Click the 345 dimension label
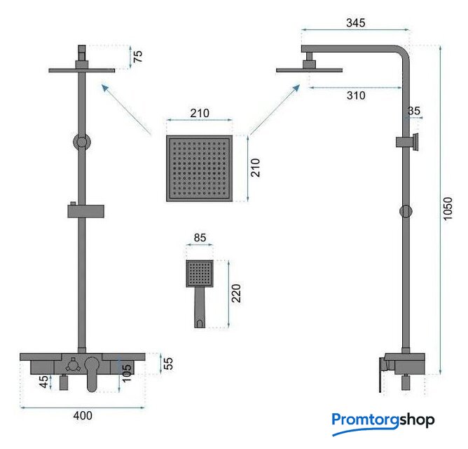pos(355,22)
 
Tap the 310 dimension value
pos(356,95)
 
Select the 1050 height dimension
pos(448,208)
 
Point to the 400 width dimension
pos(83,415)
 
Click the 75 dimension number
pos(137,57)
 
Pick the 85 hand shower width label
pos(200,238)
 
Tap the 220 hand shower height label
pos(236,293)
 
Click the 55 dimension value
pos(168,363)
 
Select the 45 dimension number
pos(43,382)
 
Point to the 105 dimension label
pos(127,373)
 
